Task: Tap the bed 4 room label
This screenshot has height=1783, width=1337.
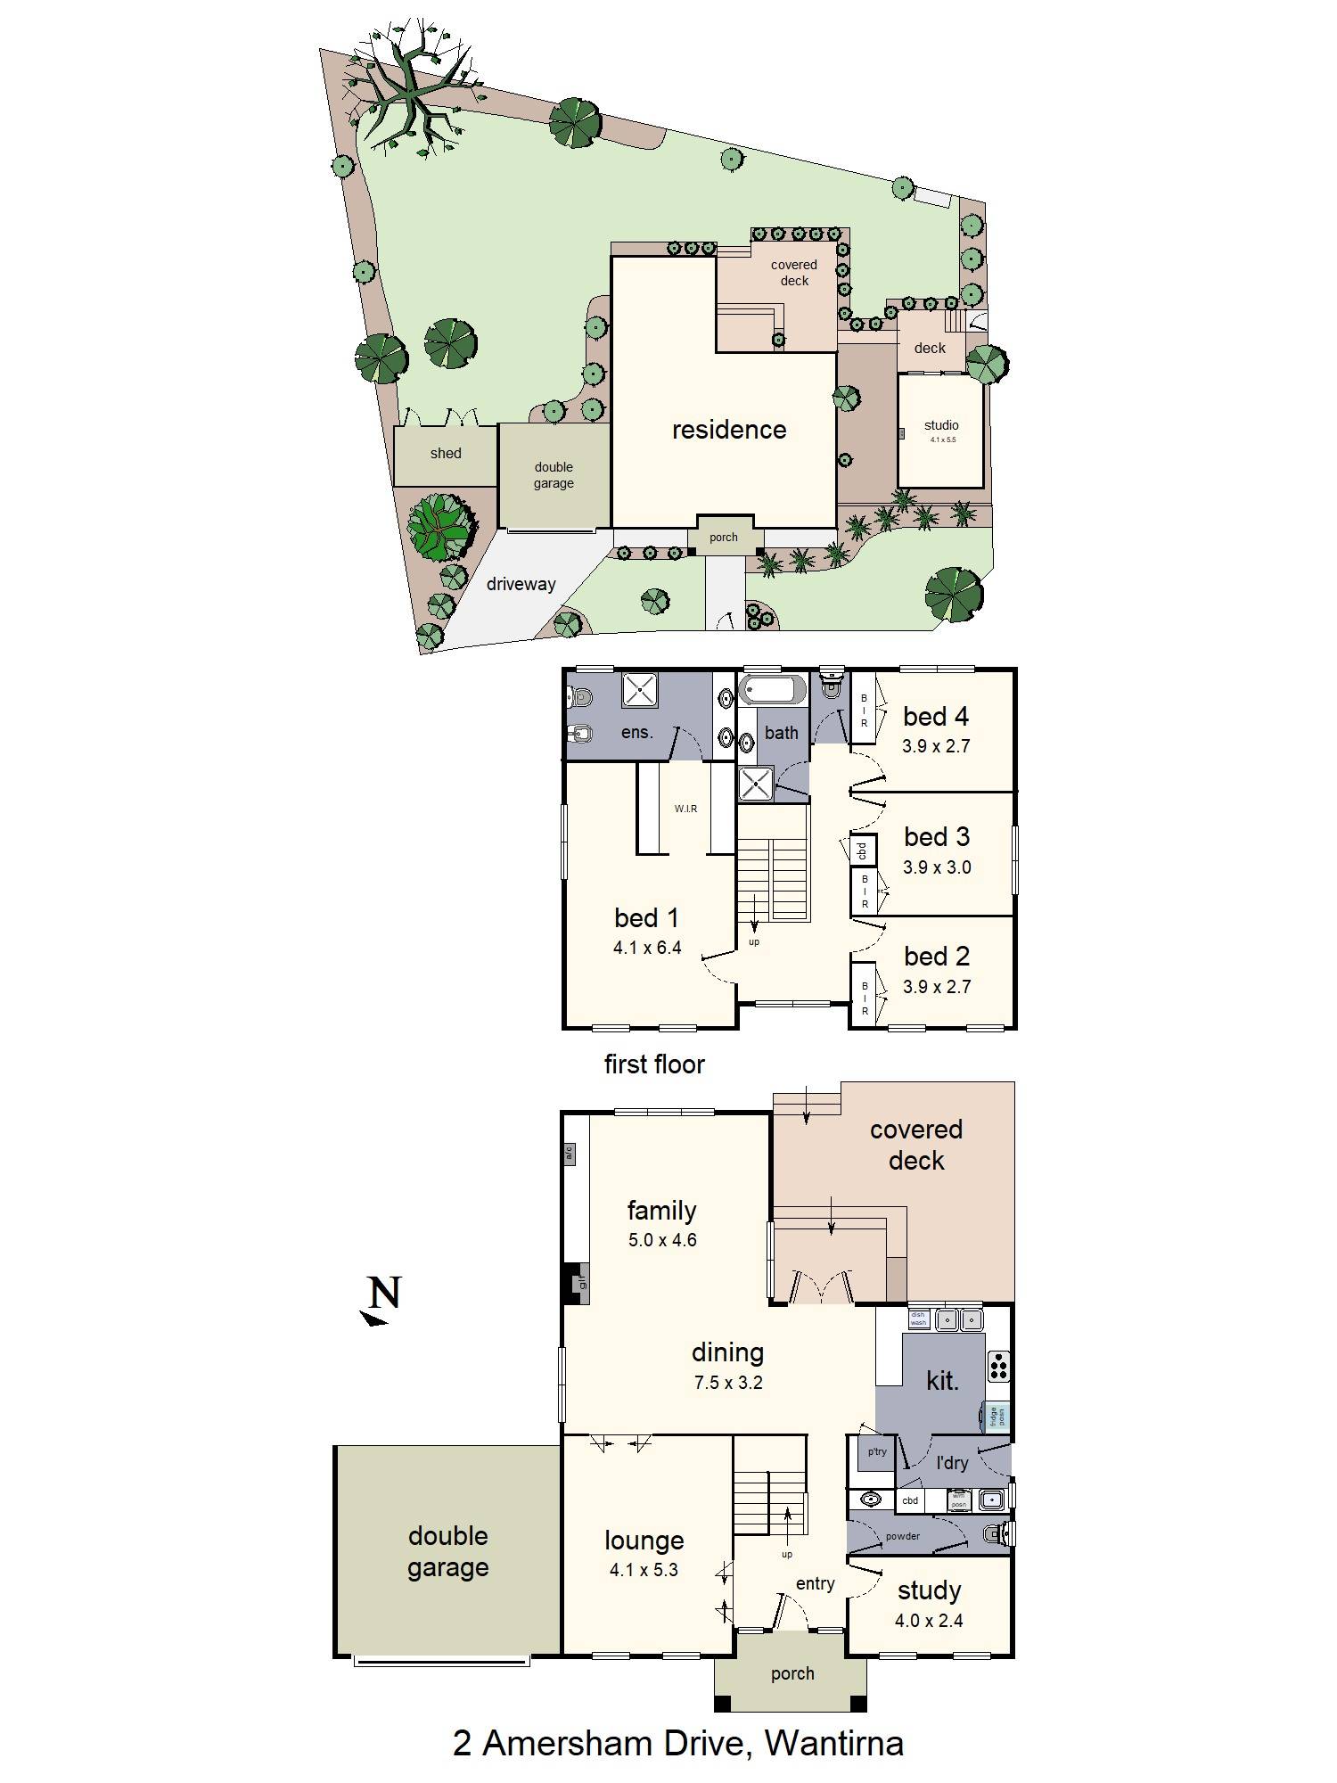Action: click(x=935, y=717)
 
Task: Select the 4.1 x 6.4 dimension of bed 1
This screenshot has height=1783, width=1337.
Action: click(x=647, y=948)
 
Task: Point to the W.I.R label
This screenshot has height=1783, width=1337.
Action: click(x=685, y=809)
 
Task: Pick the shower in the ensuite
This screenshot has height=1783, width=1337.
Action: click(x=639, y=690)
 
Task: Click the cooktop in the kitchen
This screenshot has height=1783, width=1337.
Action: click(x=998, y=1366)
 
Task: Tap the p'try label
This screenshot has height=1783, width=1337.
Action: click(x=877, y=1452)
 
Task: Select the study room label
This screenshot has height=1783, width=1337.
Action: click(x=929, y=1591)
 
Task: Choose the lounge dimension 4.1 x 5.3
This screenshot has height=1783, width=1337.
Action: click(x=644, y=1570)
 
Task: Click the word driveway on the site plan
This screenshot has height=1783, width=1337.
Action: click(x=521, y=585)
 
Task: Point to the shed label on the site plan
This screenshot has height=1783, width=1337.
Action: click(x=446, y=454)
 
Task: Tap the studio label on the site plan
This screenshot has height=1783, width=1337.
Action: click(x=941, y=425)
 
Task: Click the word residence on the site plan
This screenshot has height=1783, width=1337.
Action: click(x=729, y=431)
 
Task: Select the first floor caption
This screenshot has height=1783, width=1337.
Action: click(x=654, y=1064)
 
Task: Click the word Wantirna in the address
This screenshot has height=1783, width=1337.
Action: click(x=834, y=1744)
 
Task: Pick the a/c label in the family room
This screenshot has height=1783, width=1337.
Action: click(x=569, y=1154)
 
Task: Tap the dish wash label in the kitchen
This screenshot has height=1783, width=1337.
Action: click(x=918, y=1319)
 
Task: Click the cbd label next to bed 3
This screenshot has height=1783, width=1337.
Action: click(x=862, y=850)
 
